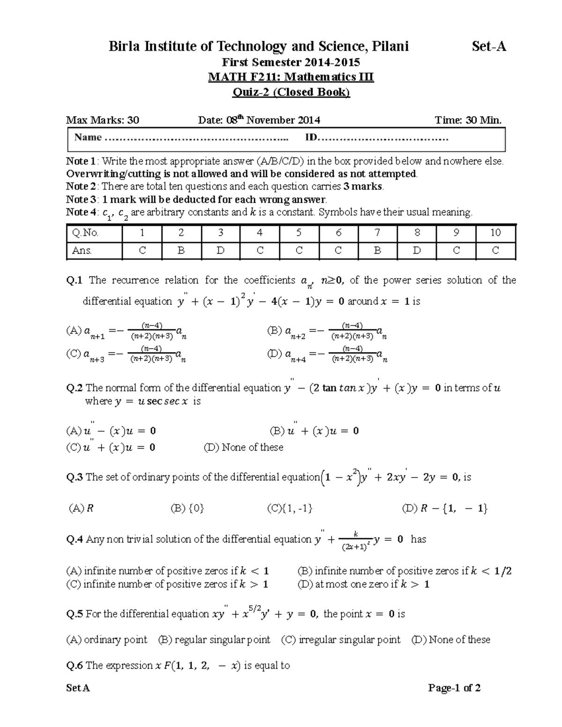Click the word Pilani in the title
pos(388,46)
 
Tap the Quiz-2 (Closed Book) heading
pos(291,92)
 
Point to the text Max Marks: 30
pos(103,120)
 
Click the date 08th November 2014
pos(259,120)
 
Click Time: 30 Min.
pos(468,120)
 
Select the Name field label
pos(88,137)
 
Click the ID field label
pos(311,137)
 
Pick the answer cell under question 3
pos(220,251)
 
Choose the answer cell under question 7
pos(377,251)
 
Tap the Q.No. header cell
pos(85,233)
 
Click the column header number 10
pos(495,233)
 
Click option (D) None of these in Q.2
pos(244,448)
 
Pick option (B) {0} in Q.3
pos(187,508)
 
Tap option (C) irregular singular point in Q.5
pos(340,640)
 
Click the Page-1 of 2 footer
pos(454,688)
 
